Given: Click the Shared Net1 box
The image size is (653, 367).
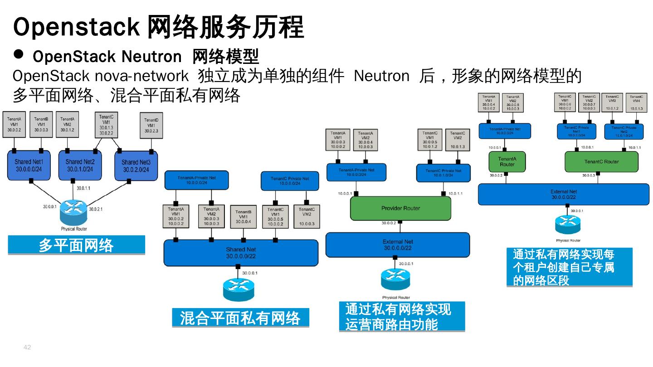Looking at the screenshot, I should click(29, 165).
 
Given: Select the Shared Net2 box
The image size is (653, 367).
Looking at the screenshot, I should click(80, 165).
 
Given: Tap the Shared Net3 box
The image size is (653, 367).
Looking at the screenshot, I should click(136, 166).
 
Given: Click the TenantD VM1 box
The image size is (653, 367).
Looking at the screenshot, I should click(151, 126).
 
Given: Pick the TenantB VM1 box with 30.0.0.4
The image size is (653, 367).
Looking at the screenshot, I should click(243, 217).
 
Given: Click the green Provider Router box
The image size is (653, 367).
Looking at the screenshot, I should click(400, 208).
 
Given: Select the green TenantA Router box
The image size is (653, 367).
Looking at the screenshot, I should click(507, 162).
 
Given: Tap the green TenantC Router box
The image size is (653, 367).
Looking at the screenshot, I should click(601, 162).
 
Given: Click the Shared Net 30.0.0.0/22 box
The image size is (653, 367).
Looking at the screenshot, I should click(241, 253).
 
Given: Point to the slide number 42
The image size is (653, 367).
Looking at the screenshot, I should click(27, 348).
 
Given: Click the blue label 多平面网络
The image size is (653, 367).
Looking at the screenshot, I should click(76, 245).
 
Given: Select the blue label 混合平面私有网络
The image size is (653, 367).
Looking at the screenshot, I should click(240, 318).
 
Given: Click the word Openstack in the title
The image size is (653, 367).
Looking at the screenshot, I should click(76, 27).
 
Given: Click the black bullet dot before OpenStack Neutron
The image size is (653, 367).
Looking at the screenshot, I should click(19, 54).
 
